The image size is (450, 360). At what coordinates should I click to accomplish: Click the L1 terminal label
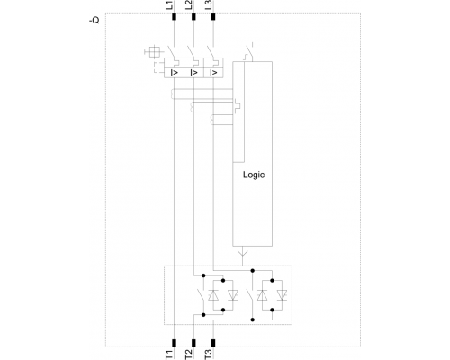coord(169,5)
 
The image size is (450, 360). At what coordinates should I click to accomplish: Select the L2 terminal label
coord(188,5)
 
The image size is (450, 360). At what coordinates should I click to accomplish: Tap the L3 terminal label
coord(208,5)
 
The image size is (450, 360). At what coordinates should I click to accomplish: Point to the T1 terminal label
coord(169,355)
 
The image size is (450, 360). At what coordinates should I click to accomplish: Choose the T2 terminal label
coord(189,355)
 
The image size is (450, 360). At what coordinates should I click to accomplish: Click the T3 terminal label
coord(208,355)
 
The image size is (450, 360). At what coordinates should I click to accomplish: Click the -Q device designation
coord(94,21)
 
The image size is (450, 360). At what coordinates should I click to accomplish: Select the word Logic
coord(254,175)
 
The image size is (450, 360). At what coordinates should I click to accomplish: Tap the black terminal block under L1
coord(174,16)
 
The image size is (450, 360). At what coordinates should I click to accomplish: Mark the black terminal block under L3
coord(213,16)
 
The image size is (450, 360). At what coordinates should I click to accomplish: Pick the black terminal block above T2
coord(193,343)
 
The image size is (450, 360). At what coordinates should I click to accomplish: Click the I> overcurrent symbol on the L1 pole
coord(175,73)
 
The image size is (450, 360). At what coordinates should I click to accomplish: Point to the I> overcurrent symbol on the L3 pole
coord(214,73)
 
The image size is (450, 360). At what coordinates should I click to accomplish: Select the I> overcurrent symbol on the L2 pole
coord(194,73)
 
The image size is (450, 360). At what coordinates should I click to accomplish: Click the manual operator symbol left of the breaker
coord(154,52)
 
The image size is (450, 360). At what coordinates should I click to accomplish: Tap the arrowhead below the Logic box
coord(243,253)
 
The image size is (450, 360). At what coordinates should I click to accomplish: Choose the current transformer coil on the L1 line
coord(172,94)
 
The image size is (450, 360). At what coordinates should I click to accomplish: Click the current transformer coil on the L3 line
coord(212,120)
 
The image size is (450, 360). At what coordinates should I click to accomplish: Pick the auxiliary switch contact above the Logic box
coord(248,53)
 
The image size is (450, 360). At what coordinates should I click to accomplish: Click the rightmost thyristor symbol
coord(282,295)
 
